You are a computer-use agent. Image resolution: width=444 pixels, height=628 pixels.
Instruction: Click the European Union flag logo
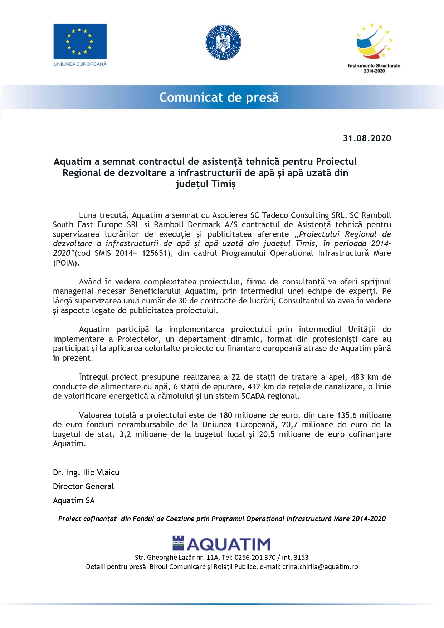click(x=80, y=41)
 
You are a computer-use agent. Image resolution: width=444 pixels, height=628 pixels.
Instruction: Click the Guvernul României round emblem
click(x=223, y=42)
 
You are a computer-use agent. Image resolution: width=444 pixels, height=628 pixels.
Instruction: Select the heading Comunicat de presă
click(x=219, y=97)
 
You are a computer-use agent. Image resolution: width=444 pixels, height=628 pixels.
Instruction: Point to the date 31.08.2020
click(x=367, y=138)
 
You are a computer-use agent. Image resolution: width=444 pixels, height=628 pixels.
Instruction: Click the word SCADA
click(x=254, y=396)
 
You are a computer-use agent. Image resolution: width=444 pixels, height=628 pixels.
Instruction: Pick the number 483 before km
click(x=357, y=377)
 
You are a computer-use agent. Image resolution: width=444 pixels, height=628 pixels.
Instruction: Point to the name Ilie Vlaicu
click(x=101, y=473)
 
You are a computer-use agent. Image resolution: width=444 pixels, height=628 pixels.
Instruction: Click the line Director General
click(x=83, y=487)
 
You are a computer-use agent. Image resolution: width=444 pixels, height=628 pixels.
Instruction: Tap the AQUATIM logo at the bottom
click(x=221, y=544)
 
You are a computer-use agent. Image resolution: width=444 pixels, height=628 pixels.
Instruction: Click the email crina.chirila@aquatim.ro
click(x=320, y=567)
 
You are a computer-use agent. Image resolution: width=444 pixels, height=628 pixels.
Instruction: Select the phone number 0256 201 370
click(x=255, y=558)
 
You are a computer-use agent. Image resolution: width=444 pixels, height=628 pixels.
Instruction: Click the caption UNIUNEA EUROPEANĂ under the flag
click(x=80, y=64)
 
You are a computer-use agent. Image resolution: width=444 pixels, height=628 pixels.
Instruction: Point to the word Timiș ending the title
click(x=223, y=184)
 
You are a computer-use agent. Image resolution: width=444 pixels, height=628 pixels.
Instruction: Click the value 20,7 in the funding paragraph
click(x=289, y=425)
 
